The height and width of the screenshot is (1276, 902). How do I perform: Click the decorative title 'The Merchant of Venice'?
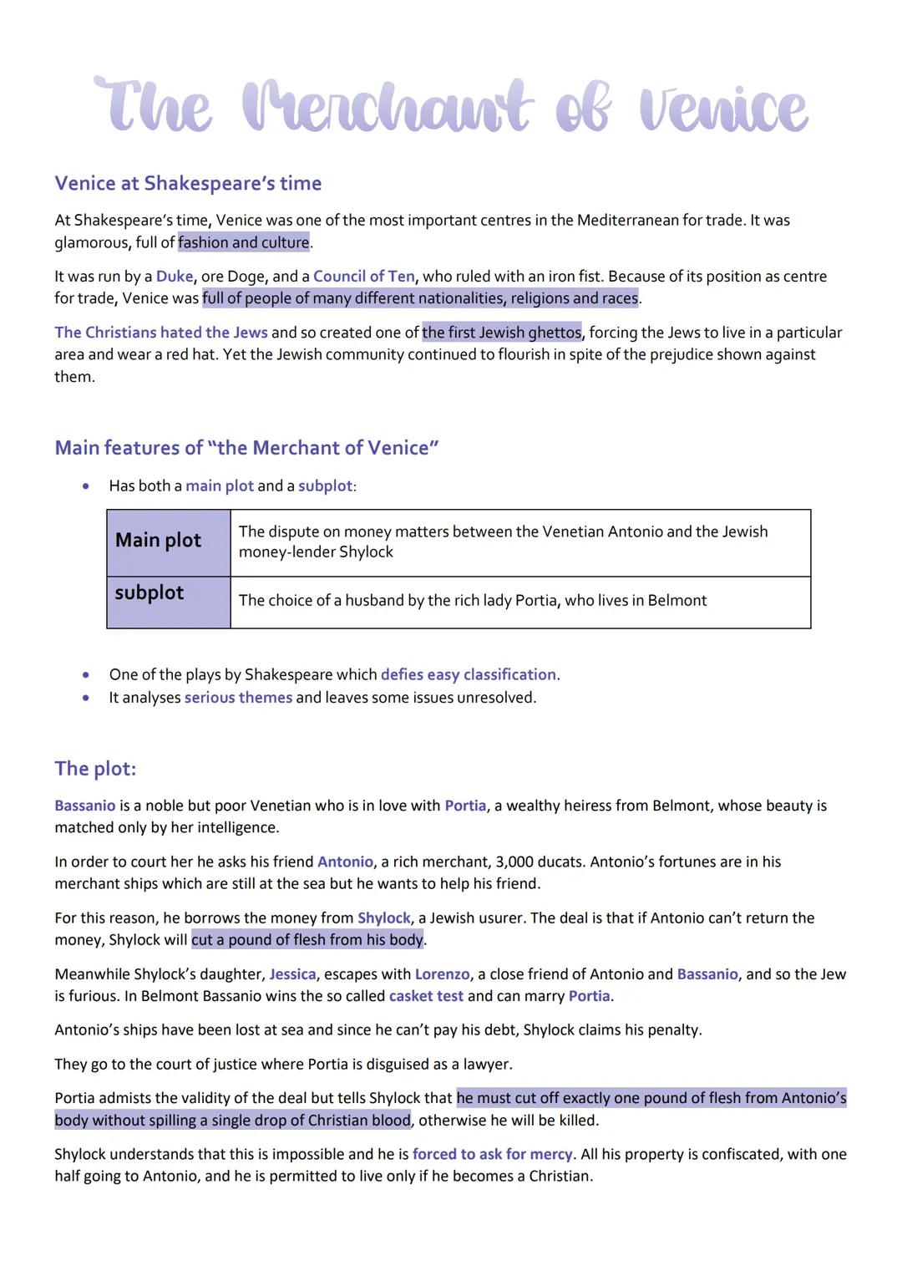(451, 107)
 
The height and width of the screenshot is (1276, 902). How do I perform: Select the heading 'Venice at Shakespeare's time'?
(188, 183)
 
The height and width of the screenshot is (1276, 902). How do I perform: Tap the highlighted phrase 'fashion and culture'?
(243, 242)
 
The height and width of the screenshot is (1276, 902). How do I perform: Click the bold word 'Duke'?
(175, 277)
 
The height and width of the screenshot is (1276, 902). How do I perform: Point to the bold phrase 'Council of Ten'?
(363, 277)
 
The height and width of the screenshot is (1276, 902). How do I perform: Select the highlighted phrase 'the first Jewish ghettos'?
(501, 333)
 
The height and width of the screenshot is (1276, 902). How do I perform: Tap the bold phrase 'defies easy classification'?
(468, 674)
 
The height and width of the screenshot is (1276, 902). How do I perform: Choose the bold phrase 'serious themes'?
(238, 698)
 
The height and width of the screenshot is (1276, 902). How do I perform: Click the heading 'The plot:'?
(95, 769)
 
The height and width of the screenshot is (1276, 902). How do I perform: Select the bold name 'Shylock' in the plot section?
(384, 918)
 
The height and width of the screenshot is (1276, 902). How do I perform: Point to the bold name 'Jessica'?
(292, 974)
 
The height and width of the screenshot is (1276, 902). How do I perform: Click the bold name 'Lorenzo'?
(442, 974)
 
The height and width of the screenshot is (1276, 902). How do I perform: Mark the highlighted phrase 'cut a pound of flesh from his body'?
(307, 940)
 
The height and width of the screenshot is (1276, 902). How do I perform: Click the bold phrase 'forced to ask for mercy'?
(492, 1154)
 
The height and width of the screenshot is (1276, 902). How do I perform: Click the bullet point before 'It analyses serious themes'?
(85, 698)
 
